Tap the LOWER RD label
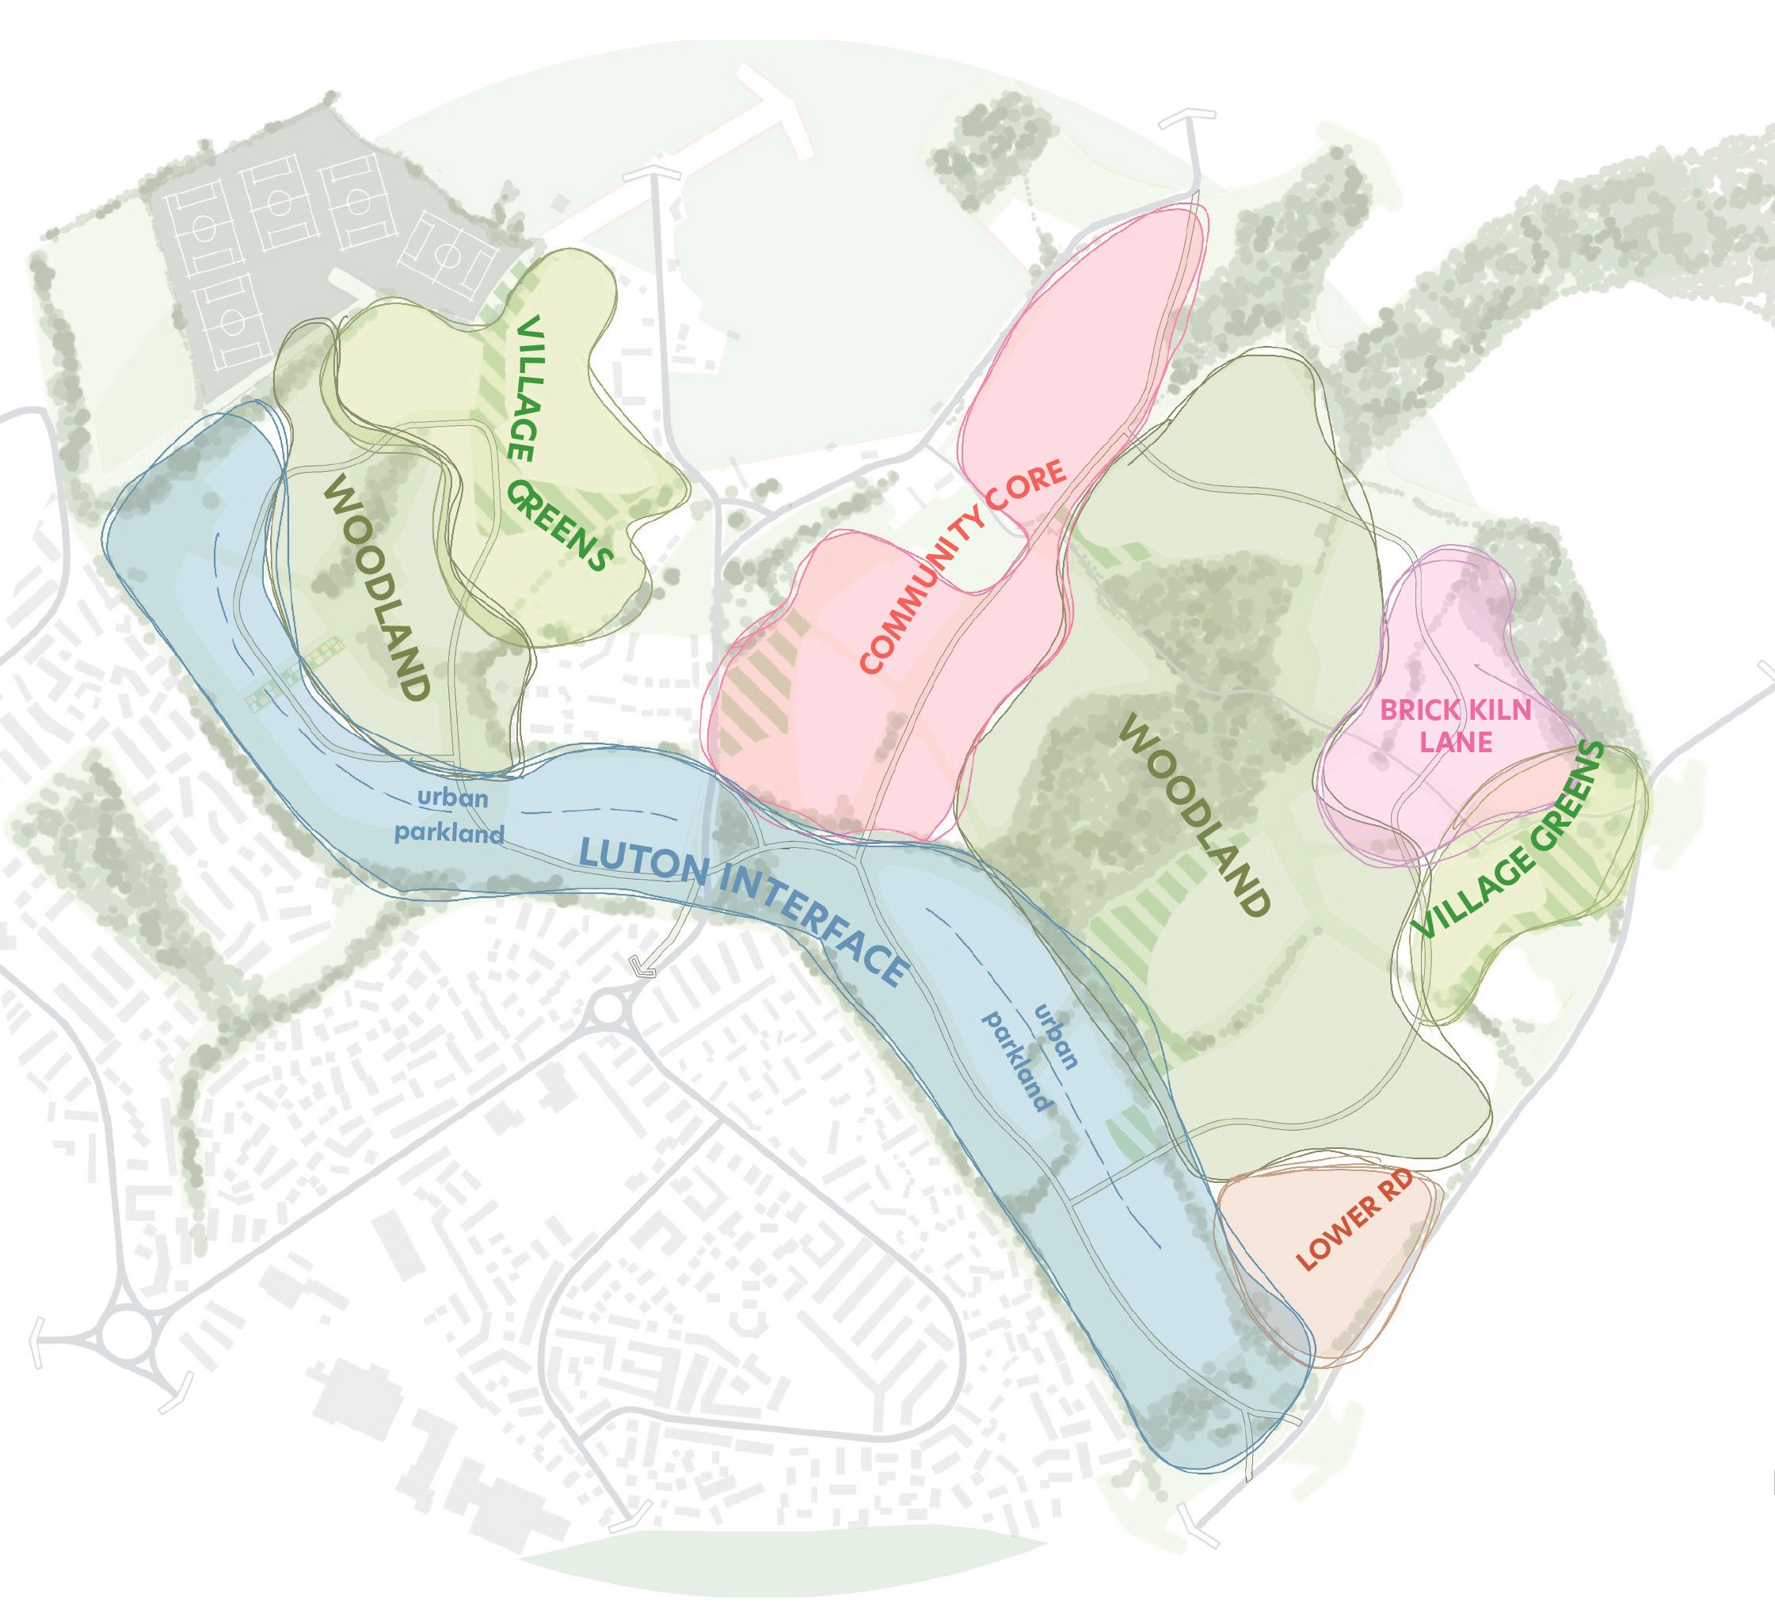pos(1355,1219)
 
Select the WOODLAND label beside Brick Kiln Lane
pos(1196,815)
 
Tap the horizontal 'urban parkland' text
pos(450,816)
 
